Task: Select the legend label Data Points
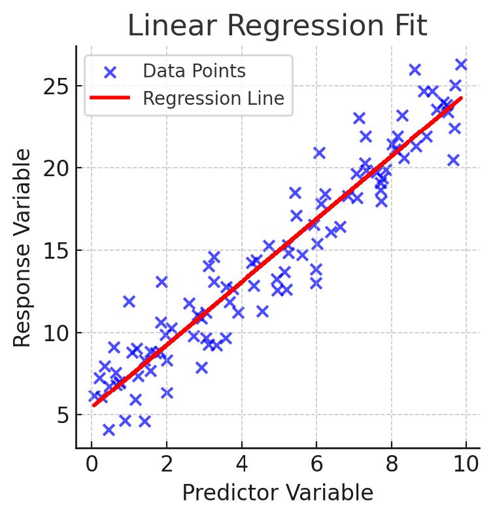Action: click(194, 71)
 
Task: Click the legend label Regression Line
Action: click(213, 99)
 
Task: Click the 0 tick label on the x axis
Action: click(92, 466)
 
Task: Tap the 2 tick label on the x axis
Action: click(167, 466)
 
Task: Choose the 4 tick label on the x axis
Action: click(242, 466)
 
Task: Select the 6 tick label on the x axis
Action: click(317, 466)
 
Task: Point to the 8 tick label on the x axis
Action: click(392, 466)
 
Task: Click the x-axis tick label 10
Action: click(466, 466)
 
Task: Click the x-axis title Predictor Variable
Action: click(277, 493)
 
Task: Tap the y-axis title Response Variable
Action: click(23, 248)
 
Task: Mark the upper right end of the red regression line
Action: click(461, 98)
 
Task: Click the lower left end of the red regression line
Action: click(94, 405)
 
